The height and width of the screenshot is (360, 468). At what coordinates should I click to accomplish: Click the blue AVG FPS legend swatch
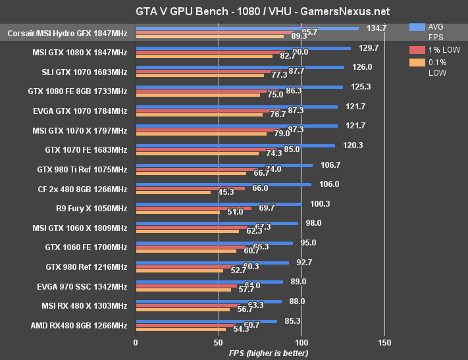[x=416, y=28]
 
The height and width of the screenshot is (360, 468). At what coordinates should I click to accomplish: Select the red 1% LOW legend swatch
[x=416, y=50]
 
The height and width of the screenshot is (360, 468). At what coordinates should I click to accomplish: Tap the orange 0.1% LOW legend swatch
[x=416, y=63]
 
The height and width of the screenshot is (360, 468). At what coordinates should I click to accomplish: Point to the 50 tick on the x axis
[x=219, y=342]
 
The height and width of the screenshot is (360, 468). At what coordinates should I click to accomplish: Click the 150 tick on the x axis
[x=385, y=342]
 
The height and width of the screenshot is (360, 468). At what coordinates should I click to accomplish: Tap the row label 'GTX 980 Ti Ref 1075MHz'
[x=82, y=169]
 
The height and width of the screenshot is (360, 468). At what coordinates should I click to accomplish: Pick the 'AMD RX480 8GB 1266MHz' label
[x=79, y=324]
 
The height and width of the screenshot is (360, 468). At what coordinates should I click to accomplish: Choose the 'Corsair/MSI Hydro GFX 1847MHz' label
[x=68, y=33]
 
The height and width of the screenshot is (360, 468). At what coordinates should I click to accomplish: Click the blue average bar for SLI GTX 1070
[x=240, y=67]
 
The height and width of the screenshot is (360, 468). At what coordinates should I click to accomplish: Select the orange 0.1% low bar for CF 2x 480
[x=173, y=192]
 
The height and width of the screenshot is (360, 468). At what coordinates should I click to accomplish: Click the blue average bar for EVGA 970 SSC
[x=209, y=282]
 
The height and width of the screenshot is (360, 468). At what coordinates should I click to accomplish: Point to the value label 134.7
[x=376, y=28]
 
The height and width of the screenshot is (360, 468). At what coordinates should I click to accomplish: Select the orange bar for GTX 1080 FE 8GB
[x=197, y=95]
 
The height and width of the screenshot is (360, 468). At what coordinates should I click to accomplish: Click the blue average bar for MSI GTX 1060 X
[x=217, y=223]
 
